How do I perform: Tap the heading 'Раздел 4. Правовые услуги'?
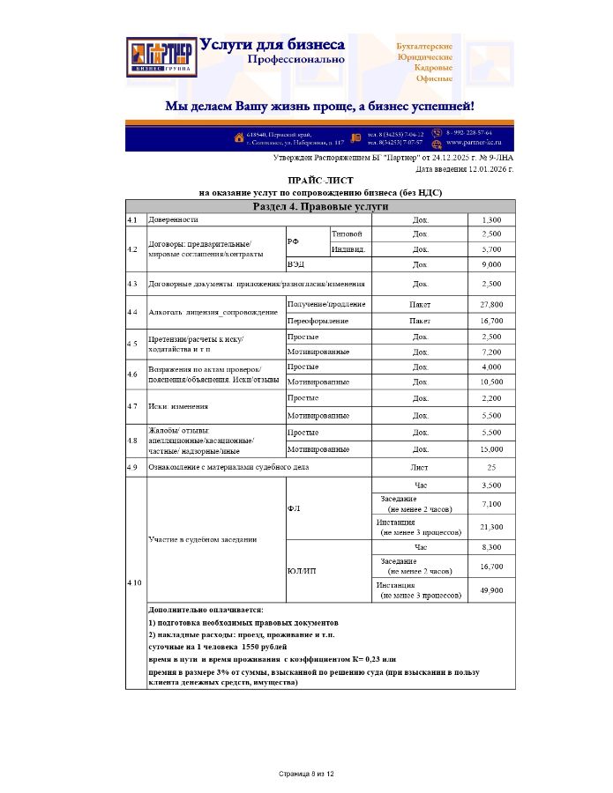tap(320, 206)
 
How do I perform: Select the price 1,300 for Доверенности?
tap(491, 219)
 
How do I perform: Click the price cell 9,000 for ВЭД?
tap(491, 264)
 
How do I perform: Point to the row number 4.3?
tap(132, 285)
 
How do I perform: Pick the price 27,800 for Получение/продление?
tap(491, 305)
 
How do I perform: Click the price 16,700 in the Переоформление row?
tap(491, 322)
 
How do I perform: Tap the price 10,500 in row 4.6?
tap(491, 382)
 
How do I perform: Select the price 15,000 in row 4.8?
tap(491, 449)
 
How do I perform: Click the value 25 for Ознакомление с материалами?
tap(491, 467)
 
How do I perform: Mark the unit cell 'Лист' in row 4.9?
tap(420, 467)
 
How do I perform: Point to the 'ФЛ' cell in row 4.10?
tap(295, 509)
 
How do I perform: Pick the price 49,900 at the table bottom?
tap(491, 590)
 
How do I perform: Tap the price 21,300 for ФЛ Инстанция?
tap(491, 527)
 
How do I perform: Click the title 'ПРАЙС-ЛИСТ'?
tap(320, 180)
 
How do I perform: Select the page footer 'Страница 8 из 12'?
tap(306, 774)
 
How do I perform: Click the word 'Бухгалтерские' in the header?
tap(425, 45)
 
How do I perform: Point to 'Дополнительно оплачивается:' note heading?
tap(206, 610)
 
